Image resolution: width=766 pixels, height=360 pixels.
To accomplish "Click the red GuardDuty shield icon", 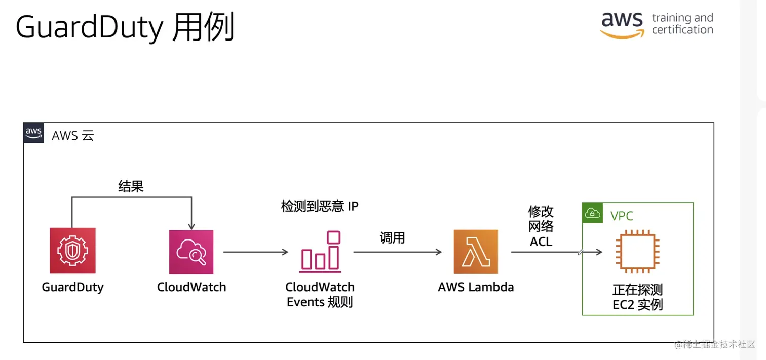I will tap(72, 251).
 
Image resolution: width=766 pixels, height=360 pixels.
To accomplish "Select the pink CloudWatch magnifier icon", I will tap(191, 252).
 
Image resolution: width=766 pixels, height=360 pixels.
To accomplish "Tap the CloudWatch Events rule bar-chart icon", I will tap(320, 251).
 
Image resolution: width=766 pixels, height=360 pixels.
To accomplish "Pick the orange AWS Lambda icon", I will tap(476, 252).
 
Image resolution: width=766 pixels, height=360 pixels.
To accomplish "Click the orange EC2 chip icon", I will tap(637, 252).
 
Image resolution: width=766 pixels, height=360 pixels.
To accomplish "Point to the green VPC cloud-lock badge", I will tap(592, 213).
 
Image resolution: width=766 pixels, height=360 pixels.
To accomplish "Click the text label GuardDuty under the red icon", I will tap(72, 287).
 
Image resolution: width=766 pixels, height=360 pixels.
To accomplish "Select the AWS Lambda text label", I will tap(476, 287).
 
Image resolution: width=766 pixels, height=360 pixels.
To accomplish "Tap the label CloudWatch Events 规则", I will tap(320, 295).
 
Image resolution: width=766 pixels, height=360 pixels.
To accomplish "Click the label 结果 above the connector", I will tap(131, 186).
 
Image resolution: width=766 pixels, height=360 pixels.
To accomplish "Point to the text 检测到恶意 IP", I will tap(320, 206).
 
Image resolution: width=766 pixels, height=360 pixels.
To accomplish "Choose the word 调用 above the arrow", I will tap(392, 237).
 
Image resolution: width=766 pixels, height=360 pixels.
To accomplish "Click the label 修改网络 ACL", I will tap(541, 226).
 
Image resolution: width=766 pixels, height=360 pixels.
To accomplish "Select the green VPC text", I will tap(622, 216).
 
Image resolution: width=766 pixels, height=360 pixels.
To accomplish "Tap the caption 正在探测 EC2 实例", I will tap(637, 297).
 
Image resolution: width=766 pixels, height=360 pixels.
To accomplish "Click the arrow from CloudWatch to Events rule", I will tap(255, 252).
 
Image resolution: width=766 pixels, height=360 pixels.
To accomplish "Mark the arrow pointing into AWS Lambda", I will tap(397, 252).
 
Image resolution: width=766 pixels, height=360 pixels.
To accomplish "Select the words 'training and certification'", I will tap(682, 24).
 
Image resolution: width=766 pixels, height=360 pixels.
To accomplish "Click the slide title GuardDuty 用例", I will tap(125, 27).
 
